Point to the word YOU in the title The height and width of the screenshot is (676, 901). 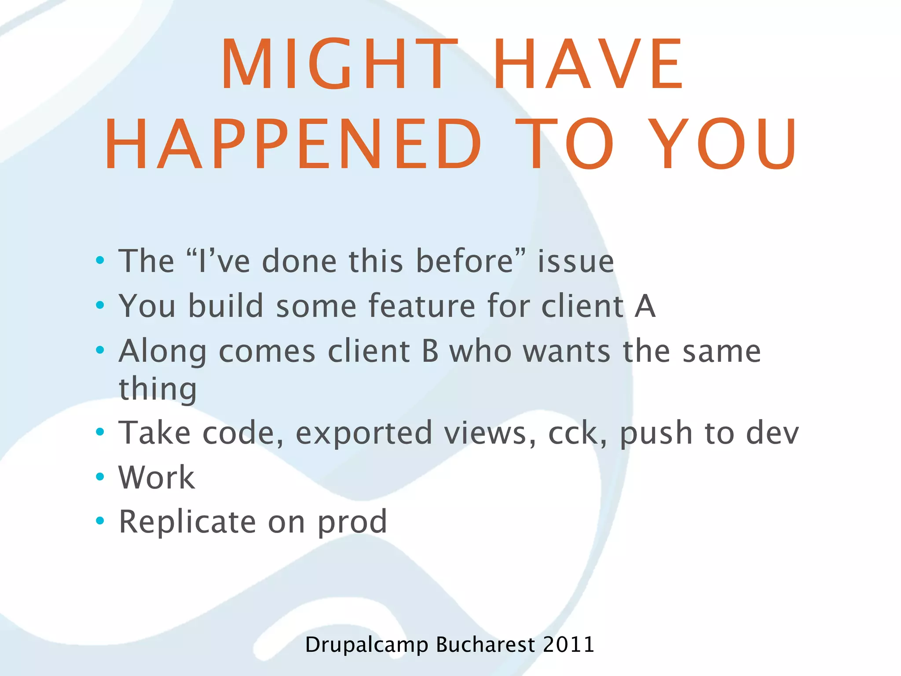723,144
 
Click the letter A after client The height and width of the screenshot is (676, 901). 645,306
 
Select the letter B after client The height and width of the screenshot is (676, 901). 430,351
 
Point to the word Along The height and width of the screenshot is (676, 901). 162,352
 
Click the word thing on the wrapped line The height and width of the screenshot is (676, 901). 157,389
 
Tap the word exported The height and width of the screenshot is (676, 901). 364,434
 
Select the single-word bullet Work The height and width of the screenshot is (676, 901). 156,478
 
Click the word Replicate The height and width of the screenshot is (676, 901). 187,522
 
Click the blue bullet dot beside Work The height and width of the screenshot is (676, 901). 100,477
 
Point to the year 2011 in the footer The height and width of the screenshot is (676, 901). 568,644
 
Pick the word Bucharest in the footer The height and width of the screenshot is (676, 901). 485,644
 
